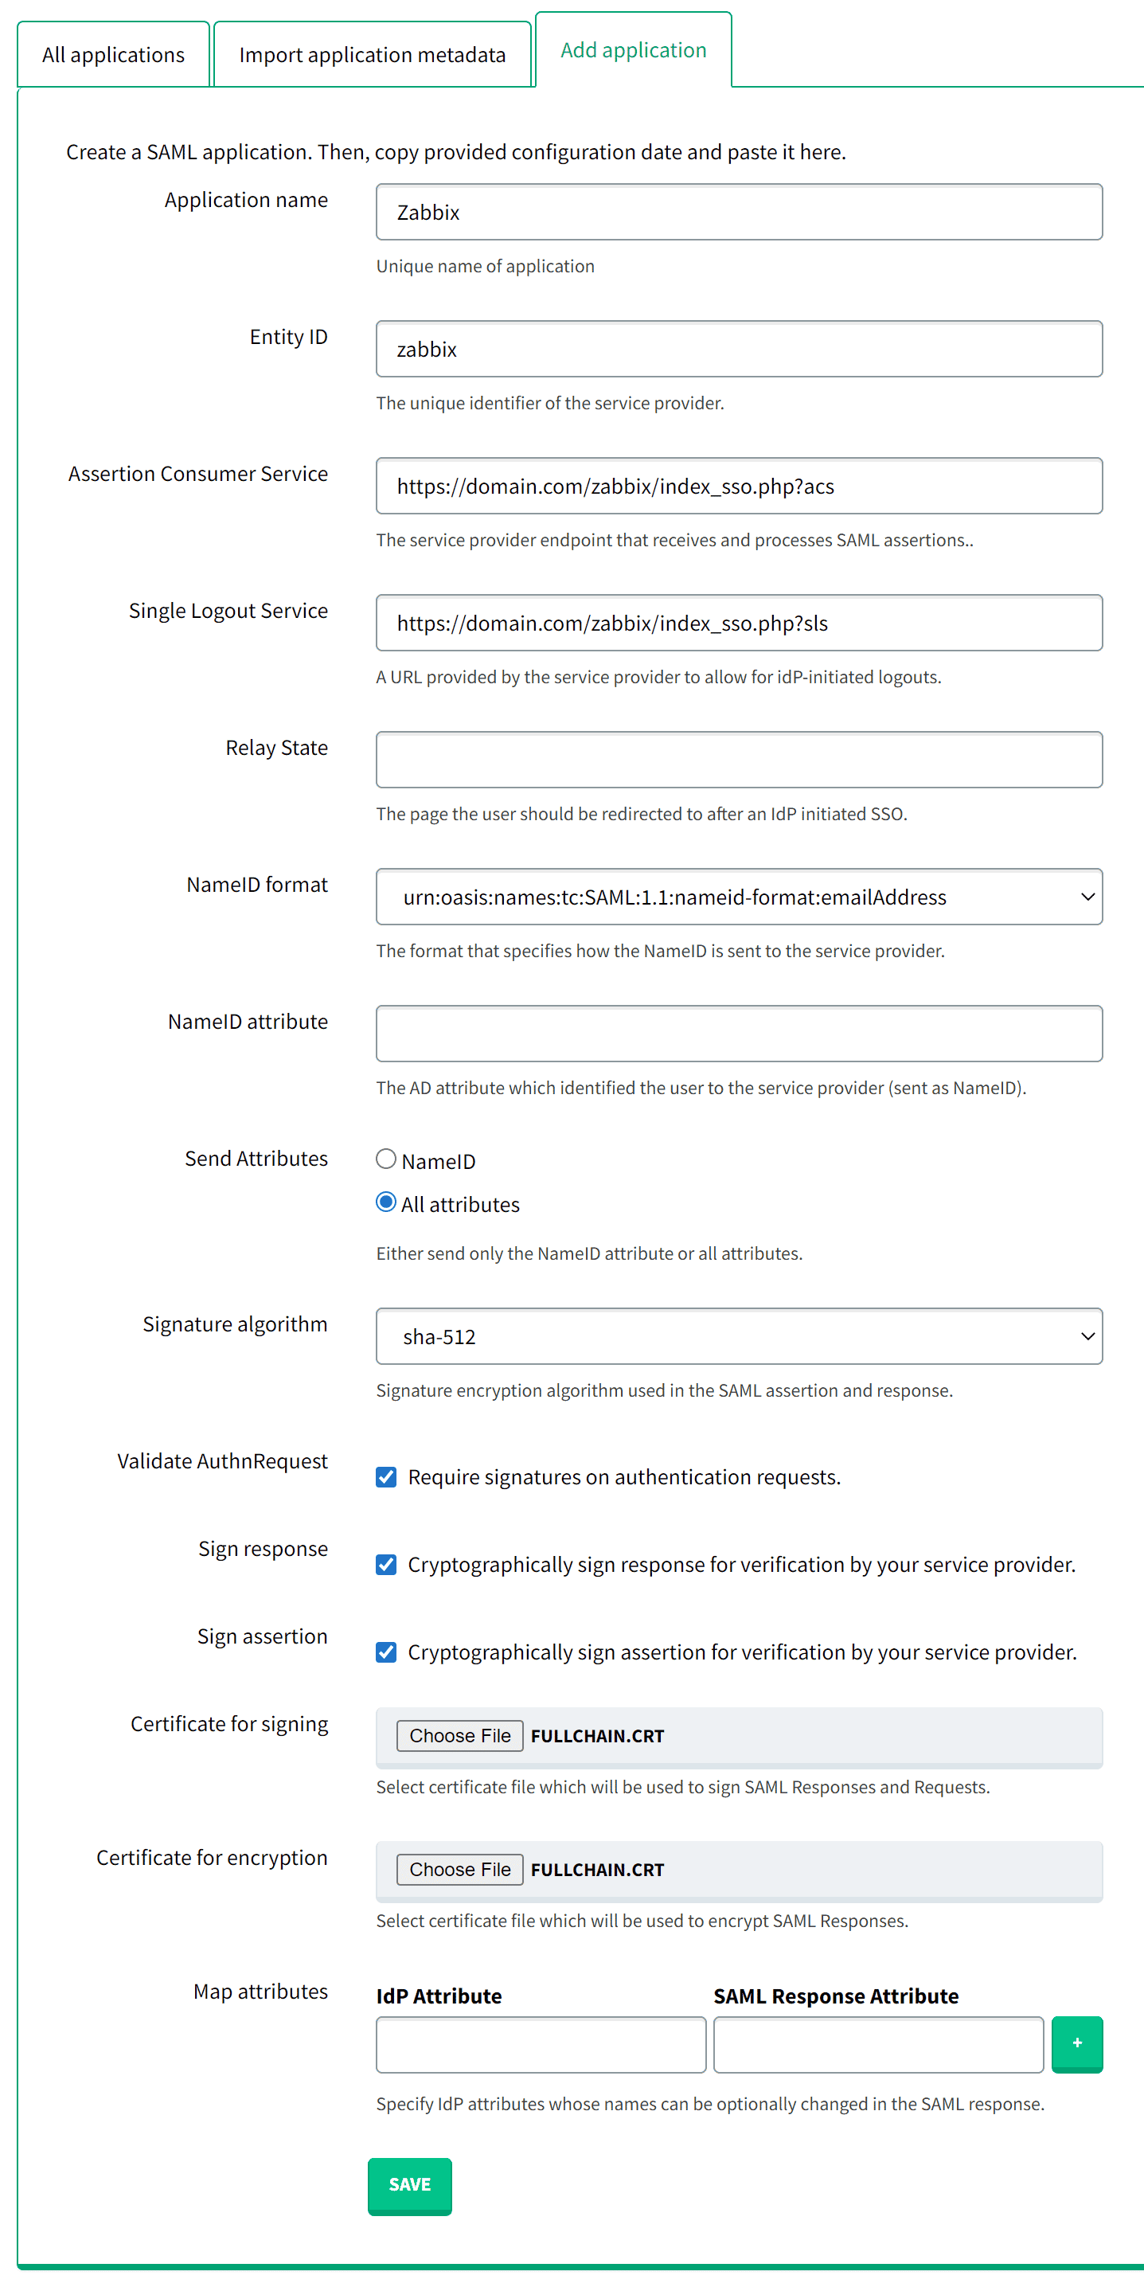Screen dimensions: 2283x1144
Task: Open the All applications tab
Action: click(x=113, y=55)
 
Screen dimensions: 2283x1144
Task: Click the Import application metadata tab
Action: click(x=372, y=55)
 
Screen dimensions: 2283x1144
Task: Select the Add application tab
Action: click(x=633, y=50)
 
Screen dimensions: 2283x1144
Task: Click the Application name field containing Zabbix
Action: click(x=738, y=213)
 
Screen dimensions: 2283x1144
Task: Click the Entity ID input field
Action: click(x=738, y=350)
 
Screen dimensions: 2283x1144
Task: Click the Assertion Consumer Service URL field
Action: click(x=738, y=487)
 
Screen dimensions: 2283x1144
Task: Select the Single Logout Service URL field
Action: click(x=738, y=623)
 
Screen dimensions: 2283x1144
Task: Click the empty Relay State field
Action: click(x=738, y=760)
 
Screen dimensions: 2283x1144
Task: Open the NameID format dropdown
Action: click(x=738, y=897)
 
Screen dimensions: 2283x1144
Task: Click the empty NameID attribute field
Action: click(x=738, y=1034)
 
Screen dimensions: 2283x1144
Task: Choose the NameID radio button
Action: click(x=386, y=1159)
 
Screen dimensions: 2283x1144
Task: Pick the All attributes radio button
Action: click(x=386, y=1202)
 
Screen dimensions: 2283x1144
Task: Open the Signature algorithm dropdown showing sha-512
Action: click(x=738, y=1336)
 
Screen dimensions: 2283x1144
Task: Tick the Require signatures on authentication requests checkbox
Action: click(x=386, y=1477)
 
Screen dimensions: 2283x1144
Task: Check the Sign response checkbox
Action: click(x=386, y=1565)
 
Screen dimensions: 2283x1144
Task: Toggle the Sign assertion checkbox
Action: click(x=386, y=1653)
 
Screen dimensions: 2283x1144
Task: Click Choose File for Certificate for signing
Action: click(x=459, y=1736)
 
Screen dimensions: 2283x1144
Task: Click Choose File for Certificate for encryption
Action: click(x=459, y=1870)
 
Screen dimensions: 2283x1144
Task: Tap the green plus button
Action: click(x=1076, y=2043)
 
